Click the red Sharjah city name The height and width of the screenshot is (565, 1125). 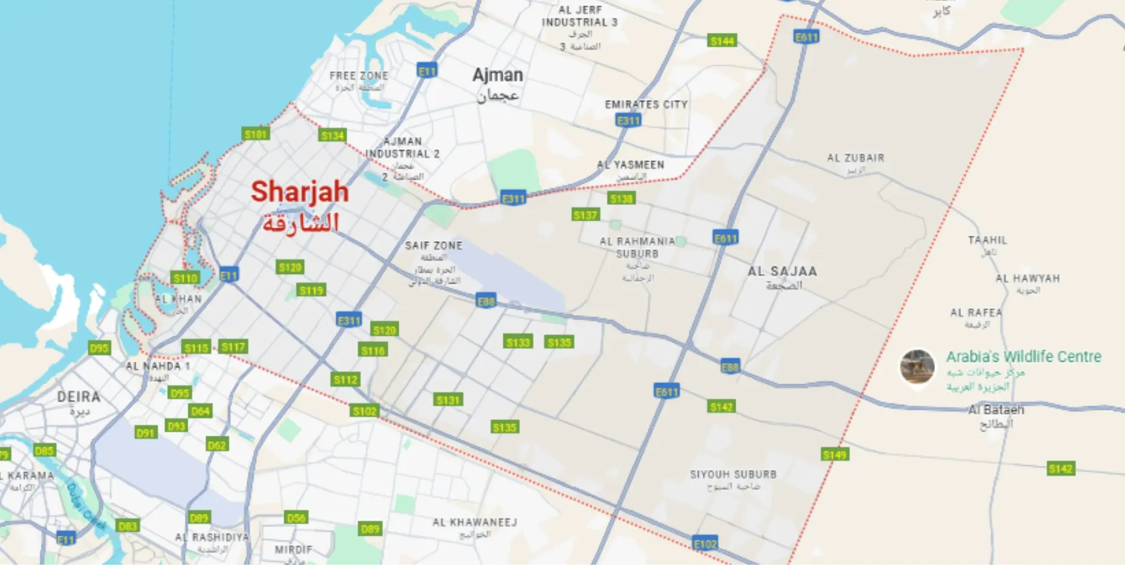(x=300, y=192)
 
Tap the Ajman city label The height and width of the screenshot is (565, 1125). (x=497, y=75)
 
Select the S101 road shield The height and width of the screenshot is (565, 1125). (x=255, y=134)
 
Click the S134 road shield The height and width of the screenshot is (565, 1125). (x=332, y=136)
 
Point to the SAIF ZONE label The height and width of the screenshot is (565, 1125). (x=434, y=246)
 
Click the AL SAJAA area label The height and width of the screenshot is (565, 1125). (x=782, y=272)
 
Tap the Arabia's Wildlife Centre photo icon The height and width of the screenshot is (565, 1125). (x=917, y=366)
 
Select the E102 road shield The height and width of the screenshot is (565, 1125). (x=705, y=544)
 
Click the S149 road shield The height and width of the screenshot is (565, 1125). (x=834, y=455)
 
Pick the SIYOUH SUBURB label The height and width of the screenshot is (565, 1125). (x=733, y=474)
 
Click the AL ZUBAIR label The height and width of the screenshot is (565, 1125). (x=855, y=158)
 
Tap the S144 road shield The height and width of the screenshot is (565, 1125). (x=722, y=41)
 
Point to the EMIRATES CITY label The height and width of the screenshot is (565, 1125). (x=646, y=104)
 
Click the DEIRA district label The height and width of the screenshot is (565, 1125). (x=78, y=397)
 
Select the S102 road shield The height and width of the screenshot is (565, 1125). (x=365, y=411)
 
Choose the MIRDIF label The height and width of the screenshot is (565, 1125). (x=294, y=549)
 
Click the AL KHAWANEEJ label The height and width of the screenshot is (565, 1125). (x=475, y=522)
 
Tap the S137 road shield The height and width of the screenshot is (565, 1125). (x=585, y=215)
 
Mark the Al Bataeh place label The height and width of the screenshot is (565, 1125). (x=996, y=410)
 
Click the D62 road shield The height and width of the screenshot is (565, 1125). (x=216, y=445)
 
